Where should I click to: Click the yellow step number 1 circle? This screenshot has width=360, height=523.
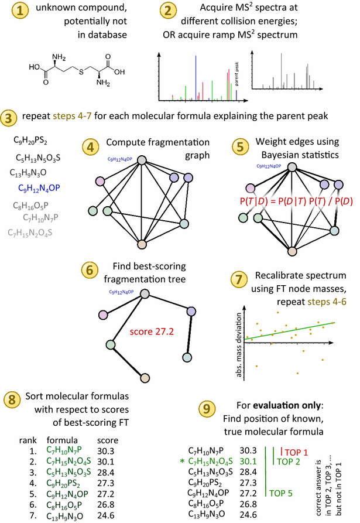[x=12, y=12]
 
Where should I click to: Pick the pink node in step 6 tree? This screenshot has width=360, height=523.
[x=105, y=316]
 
